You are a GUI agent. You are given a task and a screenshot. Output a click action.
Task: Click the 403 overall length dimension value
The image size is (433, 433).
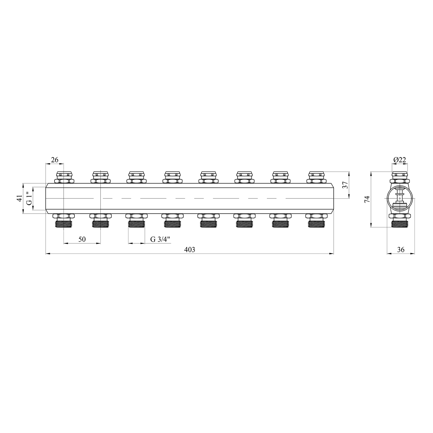(190, 250)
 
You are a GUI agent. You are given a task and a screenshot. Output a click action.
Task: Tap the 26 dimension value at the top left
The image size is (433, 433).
(55, 160)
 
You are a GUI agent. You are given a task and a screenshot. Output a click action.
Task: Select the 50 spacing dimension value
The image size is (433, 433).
(82, 239)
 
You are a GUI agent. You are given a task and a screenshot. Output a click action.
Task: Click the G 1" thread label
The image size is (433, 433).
(29, 198)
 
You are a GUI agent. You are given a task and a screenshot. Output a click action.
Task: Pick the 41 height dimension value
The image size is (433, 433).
(19, 198)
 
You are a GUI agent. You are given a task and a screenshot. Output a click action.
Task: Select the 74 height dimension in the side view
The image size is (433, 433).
(367, 199)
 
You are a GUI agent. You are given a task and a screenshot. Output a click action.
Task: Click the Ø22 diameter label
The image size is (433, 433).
(400, 160)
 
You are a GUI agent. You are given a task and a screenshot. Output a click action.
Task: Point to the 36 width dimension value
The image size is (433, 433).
(401, 250)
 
